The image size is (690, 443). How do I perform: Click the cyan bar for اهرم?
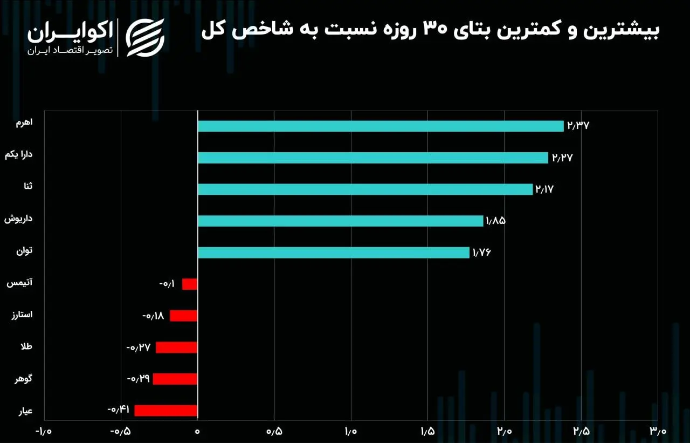point(380,126)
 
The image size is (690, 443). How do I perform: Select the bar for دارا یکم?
point(372,158)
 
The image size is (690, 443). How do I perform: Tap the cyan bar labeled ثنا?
point(365,189)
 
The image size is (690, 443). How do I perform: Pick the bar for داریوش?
point(340,221)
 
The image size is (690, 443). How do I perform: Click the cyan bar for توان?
point(333,253)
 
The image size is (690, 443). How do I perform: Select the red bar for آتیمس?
point(190,284)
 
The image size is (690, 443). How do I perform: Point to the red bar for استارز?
point(183,316)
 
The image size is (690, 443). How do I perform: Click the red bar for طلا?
point(177,347)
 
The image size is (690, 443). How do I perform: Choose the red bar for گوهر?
point(175,379)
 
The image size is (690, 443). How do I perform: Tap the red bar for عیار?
point(165,411)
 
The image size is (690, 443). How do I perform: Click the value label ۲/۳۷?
point(578,126)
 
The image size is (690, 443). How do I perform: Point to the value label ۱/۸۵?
point(495,221)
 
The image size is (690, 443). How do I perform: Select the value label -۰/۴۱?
point(119,410)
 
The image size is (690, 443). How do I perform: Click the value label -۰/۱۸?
point(153,316)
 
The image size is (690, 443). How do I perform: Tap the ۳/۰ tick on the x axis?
point(658,432)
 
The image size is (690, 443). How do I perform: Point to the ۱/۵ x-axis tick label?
point(427,432)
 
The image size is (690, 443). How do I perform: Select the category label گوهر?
point(24,379)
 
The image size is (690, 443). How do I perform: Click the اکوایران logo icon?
point(145,37)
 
